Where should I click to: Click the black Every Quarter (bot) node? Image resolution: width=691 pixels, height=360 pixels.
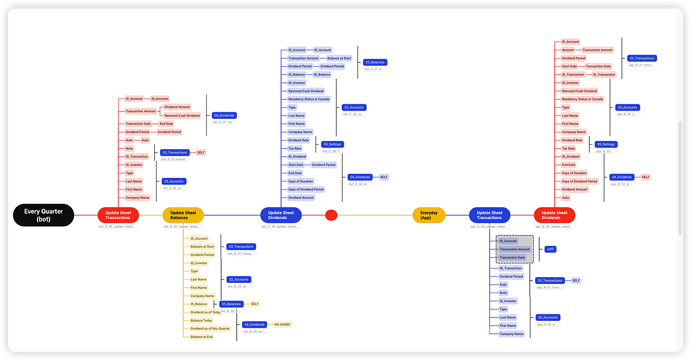point(44,215)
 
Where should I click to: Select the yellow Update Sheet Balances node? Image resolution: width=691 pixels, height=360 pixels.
point(183,215)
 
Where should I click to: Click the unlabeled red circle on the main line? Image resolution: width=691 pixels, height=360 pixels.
point(331,215)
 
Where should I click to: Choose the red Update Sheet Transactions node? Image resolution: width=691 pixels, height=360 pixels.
point(117,215)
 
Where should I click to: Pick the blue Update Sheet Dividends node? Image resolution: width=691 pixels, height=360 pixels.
point(281,215)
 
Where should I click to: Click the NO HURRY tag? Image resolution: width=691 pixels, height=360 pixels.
point(282,324)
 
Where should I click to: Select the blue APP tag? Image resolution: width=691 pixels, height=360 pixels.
point(550,249)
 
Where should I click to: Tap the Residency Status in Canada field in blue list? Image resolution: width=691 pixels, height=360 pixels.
point(309,99)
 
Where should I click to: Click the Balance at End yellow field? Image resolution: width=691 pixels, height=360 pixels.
point(202,336)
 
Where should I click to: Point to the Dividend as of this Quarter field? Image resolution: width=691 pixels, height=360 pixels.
point(210,328)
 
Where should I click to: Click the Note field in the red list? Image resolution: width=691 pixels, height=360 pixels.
point(129,148)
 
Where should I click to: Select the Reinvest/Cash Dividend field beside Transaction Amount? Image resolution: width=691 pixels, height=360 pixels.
point(182,115)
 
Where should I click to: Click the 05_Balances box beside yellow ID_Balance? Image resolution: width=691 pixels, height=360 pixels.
point(231,304)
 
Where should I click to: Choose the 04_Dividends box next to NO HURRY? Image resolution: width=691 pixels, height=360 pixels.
point(254,324)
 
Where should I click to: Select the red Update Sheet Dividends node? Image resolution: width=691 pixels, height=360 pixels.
point(555,215)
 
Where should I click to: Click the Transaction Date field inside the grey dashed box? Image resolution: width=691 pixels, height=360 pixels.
point(512,257)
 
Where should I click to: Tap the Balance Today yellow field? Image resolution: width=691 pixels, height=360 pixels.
point(201,320)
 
